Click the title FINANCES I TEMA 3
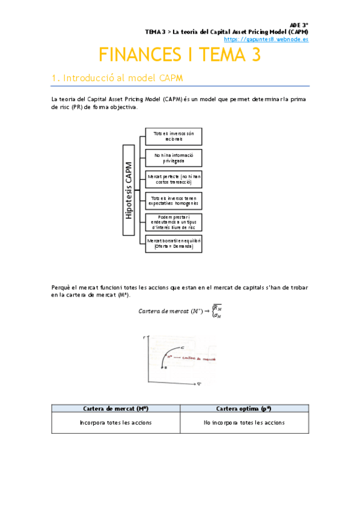tap(180, 55)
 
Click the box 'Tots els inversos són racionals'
tap(174, 136)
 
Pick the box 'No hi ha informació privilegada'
tap(174, 158)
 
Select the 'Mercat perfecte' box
tap(174, 179)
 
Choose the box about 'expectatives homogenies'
tap(174, 201)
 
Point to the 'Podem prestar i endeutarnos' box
tap(174, 222)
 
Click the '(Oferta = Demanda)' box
tap(174, 243)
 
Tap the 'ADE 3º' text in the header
tap(299, 25)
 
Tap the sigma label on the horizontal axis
tap(215, 382)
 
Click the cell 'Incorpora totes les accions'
tap(115, 422)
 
